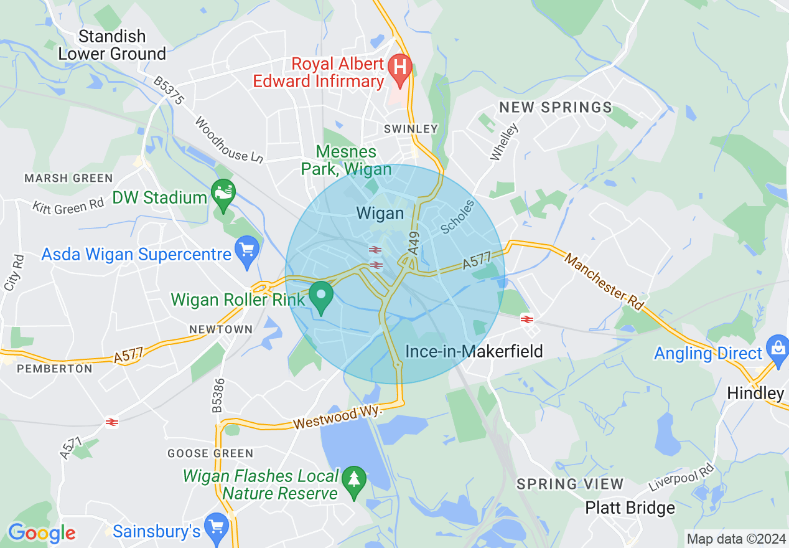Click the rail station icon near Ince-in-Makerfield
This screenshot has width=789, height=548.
[527, 319]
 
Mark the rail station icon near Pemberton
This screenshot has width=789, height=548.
[112, 422]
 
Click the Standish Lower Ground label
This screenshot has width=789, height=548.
[112, 45]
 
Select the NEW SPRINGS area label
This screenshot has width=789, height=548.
[556, 108]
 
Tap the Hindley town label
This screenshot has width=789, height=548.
[755, 394]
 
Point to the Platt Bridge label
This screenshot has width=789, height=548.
[630, 508]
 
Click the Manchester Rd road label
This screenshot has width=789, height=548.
[604, 281]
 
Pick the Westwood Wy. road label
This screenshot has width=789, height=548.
[336, 418]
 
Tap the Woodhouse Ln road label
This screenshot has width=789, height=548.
[228, 140]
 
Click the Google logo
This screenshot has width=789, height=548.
[42, 533]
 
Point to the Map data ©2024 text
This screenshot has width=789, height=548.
[735, 539]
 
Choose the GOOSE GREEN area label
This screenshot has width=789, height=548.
[210, 453]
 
